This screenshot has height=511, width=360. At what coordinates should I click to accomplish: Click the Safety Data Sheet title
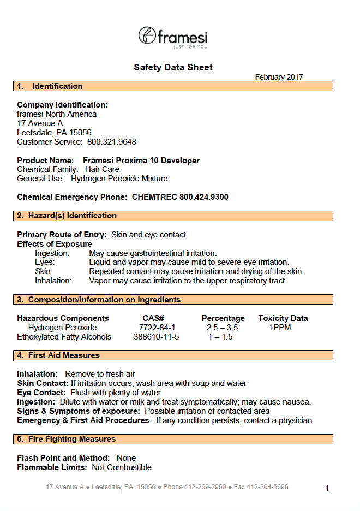[x=173, y=68]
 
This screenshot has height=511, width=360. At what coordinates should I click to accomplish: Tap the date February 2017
[x=279, y=77]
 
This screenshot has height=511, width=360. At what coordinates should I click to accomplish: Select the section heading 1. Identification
[x=50, y=86]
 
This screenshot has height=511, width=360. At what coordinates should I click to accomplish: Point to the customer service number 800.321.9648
[x=112, y=142]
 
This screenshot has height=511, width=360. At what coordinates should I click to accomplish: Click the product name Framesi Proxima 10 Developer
[x=141, y=161]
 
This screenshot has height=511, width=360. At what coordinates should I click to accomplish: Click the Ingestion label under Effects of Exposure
[x=52, y=253]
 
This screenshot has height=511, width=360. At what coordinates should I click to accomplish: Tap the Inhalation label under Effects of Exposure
[x=53, y=281]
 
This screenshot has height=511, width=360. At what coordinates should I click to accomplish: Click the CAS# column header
[x=153, y=318]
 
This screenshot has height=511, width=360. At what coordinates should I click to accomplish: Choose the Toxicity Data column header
[x=283, y=318]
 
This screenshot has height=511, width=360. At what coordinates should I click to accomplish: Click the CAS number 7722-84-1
[x=157, y=328]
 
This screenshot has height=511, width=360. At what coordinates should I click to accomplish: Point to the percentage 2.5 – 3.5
[x=222, y=328]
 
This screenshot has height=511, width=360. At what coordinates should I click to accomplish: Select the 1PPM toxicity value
[x=280, y=328]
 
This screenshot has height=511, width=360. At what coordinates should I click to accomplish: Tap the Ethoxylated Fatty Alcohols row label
[x=64, y=337]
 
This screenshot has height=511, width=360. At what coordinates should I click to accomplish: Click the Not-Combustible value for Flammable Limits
[x=122, y=467]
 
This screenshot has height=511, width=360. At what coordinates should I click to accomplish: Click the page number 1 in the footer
[x=327, y=488]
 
